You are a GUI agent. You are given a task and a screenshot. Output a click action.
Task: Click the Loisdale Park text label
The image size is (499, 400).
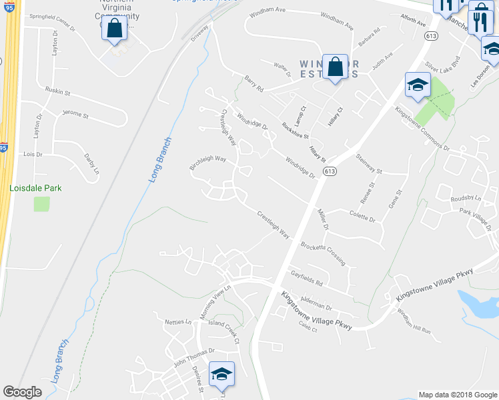pyautogui.click(x=35, y=188)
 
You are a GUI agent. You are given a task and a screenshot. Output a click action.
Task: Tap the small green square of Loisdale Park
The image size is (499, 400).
pyautogui.click(x=41, y=203)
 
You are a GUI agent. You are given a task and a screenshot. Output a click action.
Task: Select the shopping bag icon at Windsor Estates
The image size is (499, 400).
pyautogui.click(x=336, y=67)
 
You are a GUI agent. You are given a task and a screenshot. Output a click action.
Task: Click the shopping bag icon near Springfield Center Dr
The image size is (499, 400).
pyautogui.click(x=115, y=29)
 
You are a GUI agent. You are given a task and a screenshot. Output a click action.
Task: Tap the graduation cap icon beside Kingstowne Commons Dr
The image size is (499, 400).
pyautogui.click(x=418, y=85)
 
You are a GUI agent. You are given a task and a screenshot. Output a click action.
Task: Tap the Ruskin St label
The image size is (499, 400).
pyautogui.click(x=58, y=89)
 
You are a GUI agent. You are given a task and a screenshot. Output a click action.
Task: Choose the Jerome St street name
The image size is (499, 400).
pyautogui.click(x=75, y=115)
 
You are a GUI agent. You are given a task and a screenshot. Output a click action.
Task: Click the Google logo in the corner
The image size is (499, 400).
pyautogui.click(x=22, y=392)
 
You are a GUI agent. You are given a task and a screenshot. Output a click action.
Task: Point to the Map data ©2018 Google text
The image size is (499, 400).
pyautogui.click(x=457, y=395)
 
